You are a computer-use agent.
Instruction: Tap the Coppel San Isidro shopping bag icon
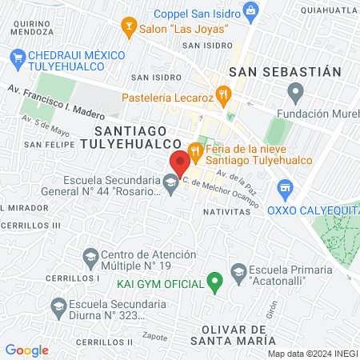click(x=251, y=10)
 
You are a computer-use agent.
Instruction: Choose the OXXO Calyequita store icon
click(x=284, y=190)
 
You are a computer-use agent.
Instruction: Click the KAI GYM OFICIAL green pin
click(x=214, y=281)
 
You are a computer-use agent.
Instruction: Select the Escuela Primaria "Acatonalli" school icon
click(x=238, y=272)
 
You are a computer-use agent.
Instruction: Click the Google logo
click(x=26, y=350)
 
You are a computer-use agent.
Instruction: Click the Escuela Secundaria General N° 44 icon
click(x=170, y=185)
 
